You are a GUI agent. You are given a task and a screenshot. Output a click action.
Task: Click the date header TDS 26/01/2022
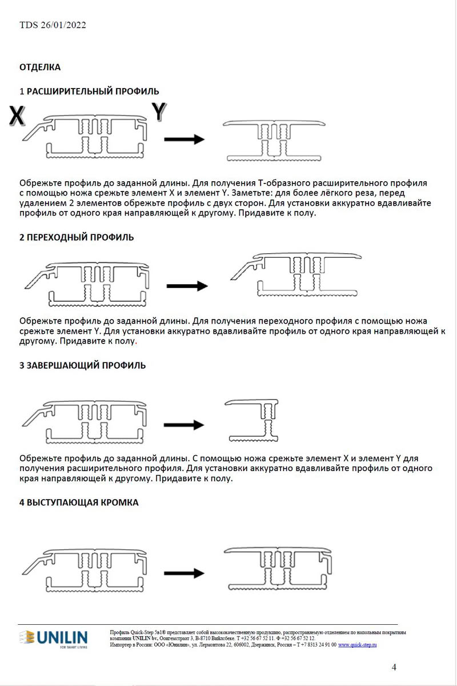[53, 25]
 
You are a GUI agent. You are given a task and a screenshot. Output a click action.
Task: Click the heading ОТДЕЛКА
[40, 67]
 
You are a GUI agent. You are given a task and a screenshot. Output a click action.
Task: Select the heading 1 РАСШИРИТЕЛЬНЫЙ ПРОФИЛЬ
[89, 91]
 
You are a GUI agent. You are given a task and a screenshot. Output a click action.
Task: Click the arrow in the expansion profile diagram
[184, 139]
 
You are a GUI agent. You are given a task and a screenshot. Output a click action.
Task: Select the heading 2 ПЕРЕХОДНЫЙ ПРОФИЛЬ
[77, 237]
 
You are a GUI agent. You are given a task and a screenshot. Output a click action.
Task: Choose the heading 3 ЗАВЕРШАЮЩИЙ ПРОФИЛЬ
[82, 365]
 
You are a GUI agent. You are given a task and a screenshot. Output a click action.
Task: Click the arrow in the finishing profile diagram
[184, 425]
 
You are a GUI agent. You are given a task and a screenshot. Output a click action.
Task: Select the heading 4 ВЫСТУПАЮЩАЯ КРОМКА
[79, 502]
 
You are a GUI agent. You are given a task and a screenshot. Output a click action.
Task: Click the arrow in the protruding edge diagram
[184, 572]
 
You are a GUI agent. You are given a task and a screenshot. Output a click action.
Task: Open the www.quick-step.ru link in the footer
[358, 644]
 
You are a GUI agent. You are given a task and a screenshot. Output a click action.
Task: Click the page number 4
[394, 667]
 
